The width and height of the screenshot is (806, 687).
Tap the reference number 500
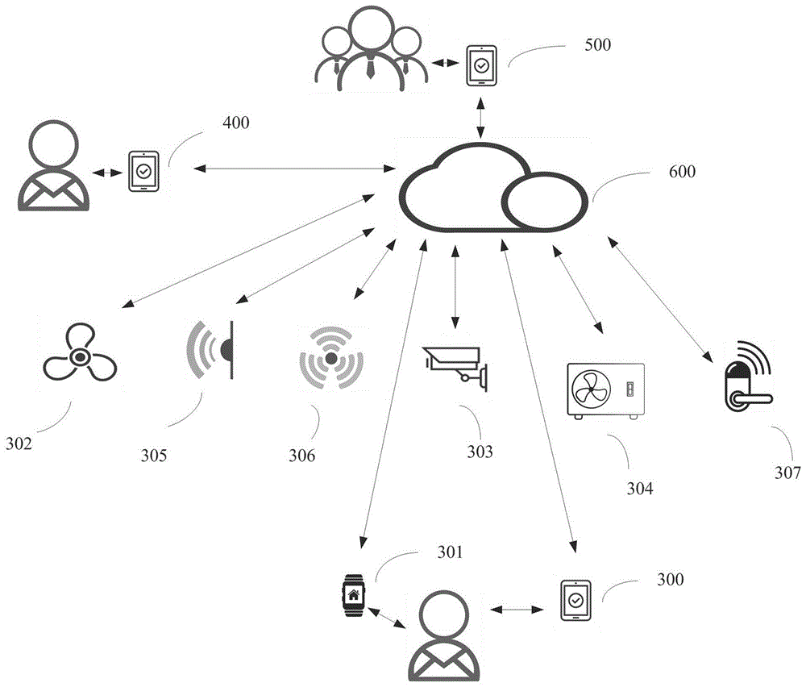point(597,44)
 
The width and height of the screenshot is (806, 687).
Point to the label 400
point(235,123)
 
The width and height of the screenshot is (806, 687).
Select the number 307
point(787,473)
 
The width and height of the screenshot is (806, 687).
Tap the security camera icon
point(456,366)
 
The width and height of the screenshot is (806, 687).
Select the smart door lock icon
point(744,379)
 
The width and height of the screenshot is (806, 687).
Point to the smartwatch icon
point(353,597)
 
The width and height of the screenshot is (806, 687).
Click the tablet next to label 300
point(575,601)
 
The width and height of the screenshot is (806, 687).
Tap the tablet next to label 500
point(481,65)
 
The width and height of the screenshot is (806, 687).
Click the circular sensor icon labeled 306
point(330,359)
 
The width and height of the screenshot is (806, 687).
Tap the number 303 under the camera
point(480,452)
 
